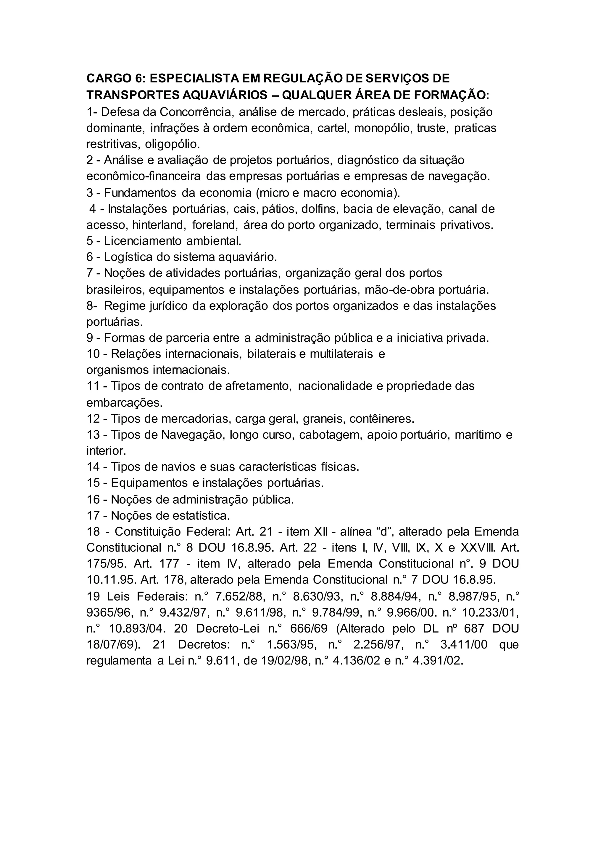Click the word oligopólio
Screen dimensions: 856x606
[x=173, y=144]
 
